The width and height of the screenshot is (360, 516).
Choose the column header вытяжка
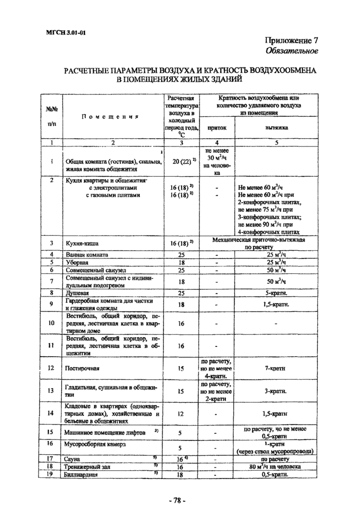277,126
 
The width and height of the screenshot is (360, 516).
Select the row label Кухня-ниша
83,243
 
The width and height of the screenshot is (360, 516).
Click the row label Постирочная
82,368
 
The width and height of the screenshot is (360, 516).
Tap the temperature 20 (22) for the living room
181,161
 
